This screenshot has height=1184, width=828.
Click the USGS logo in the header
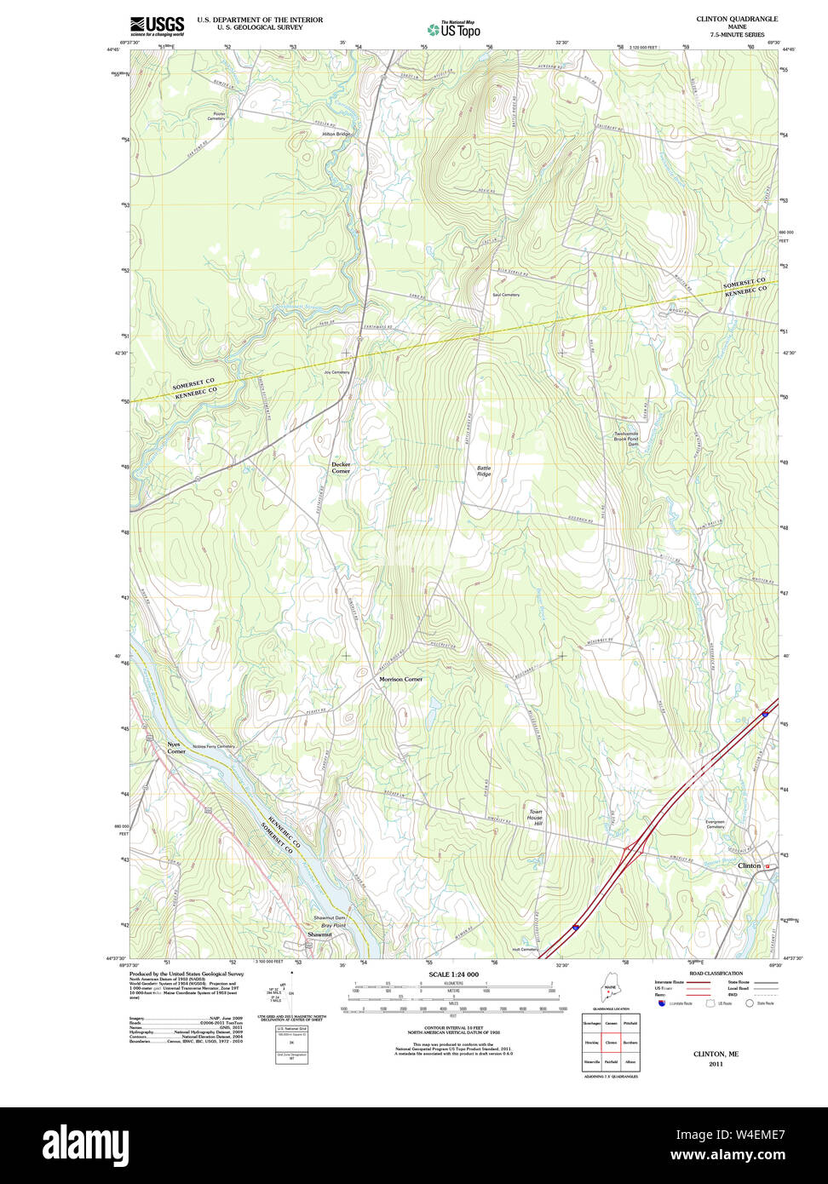pos(157,26)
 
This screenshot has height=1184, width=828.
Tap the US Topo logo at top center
pos(454,30)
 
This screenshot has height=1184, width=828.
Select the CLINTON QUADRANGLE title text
pos(737,19)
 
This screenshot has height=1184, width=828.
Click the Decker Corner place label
pos(341,468)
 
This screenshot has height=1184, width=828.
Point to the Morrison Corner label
pos(400,679)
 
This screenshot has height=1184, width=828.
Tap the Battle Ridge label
pos(484,470)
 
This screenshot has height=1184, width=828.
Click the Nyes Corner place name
pos(176,748)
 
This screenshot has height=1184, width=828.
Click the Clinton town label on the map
pos(750,865)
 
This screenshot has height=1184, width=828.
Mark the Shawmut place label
pos(319,934)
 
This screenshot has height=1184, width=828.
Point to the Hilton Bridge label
pos(336,134)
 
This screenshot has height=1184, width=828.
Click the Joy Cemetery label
pos(336,372)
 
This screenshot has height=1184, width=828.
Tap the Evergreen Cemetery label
pos(715,824)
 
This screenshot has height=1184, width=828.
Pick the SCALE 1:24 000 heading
pos(453,974)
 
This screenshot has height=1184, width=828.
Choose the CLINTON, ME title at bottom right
pos(716,1054)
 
